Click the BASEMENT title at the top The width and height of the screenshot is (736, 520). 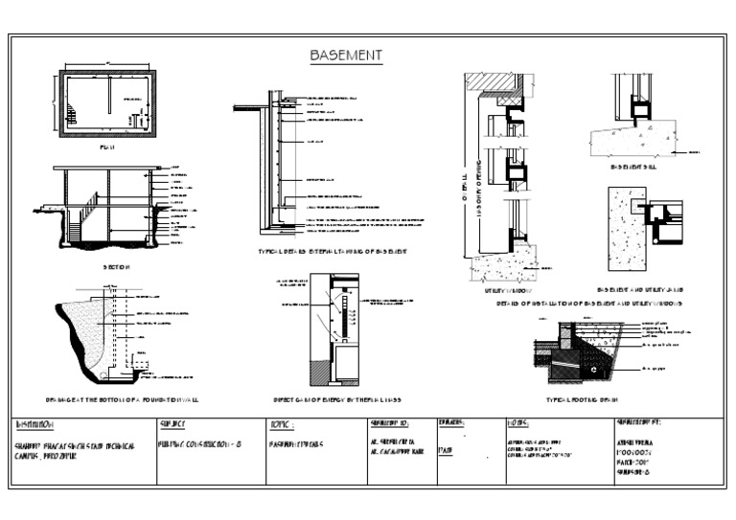[346, 56]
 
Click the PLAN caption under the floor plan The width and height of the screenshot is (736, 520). [107, 148]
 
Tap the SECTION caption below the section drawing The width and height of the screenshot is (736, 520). [115, 267]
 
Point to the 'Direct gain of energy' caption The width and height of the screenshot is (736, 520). [335, 397]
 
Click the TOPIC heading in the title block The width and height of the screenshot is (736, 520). [282, 423]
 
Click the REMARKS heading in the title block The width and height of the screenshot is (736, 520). [451, 422]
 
